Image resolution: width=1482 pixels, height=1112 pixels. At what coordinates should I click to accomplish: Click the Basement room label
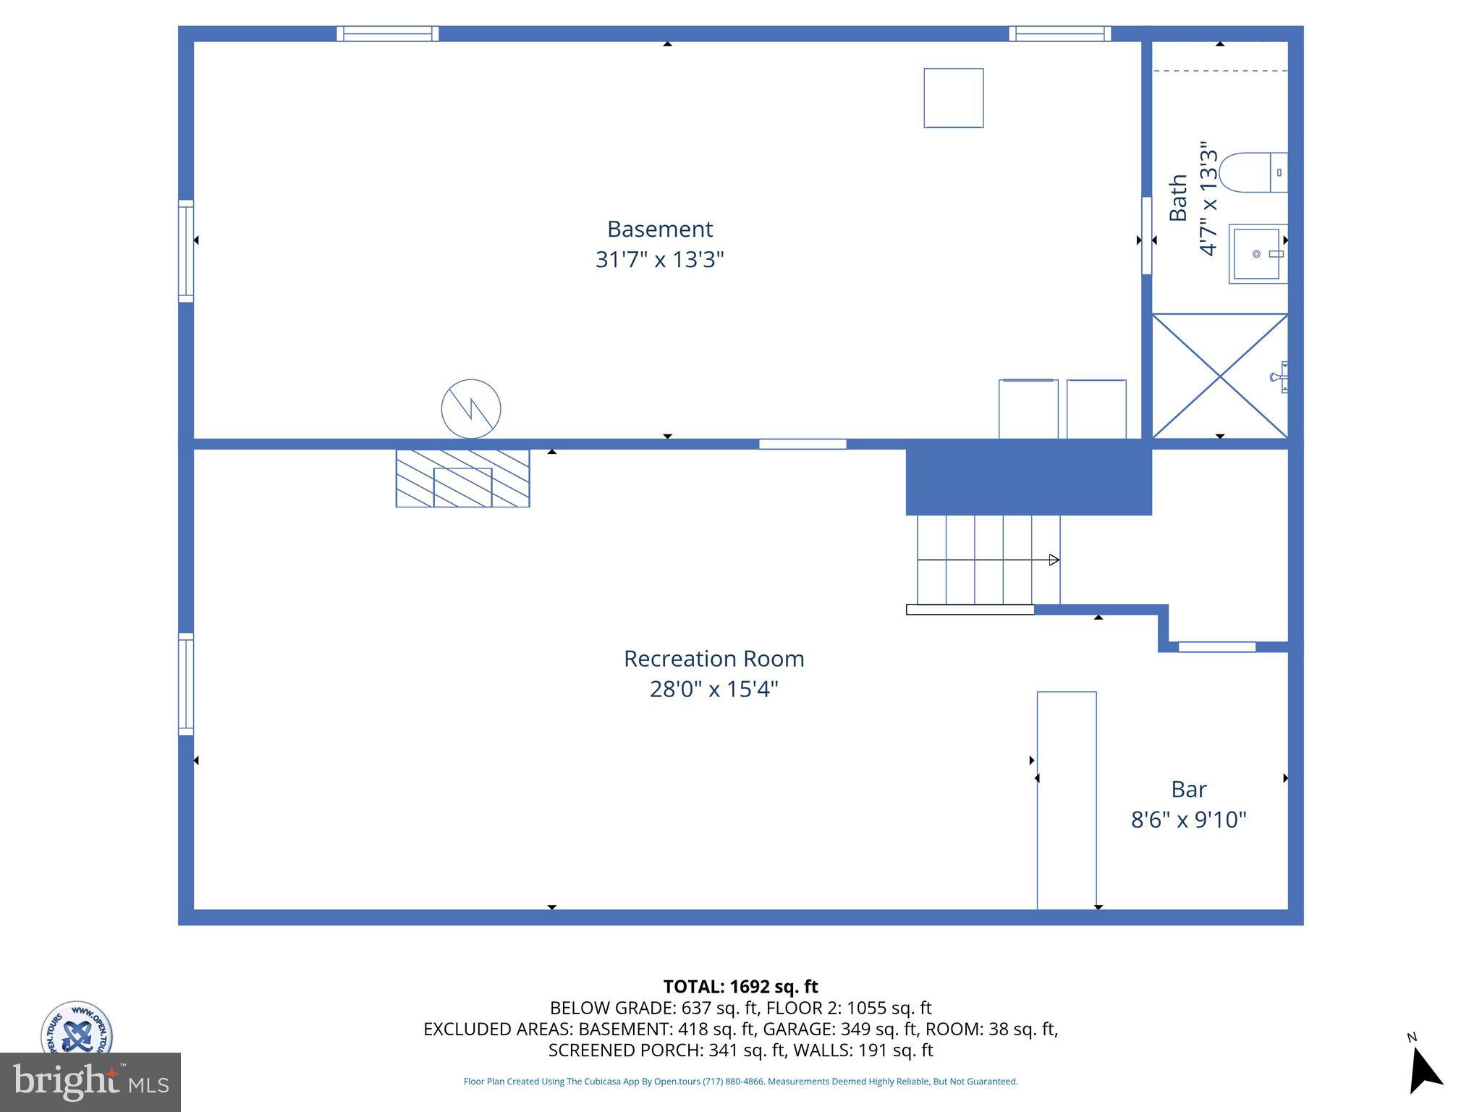(x=659, y=229)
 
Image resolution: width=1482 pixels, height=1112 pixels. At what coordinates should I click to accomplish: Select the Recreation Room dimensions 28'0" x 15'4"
(x=714, y=688)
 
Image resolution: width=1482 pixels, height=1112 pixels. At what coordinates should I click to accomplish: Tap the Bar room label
(x=1188, y=788)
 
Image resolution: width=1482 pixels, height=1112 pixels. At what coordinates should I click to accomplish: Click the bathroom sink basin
(x=1258, y=253)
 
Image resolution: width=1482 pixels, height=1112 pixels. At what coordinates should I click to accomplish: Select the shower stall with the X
(x=1219, y=376)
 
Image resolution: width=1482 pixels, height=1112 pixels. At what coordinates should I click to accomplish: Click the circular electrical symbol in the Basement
(x=471, y=408)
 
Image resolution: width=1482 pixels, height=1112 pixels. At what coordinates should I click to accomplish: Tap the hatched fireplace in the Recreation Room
(x=462, y=479)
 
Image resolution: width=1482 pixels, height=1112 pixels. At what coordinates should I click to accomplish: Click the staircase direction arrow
(x=1054, y=560)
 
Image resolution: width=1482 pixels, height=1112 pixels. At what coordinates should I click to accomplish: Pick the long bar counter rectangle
(x=1066, y=800)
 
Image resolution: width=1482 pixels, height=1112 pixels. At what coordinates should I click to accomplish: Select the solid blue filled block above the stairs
(x=1028, y=478)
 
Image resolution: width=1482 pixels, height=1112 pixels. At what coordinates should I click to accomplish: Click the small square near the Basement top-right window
(x=953, y=98)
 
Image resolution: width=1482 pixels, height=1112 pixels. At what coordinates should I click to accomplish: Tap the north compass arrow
(x=1424, y=1072)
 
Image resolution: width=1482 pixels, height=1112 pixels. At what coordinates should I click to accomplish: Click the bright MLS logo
(x=90, y=1082)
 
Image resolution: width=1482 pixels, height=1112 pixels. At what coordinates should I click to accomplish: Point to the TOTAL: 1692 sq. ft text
(x=740, y=987)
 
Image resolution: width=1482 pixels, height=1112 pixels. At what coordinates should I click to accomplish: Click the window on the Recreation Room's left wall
(x=186, y=684)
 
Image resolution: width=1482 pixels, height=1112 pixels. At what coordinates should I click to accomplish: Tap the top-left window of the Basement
(x=387, y=33)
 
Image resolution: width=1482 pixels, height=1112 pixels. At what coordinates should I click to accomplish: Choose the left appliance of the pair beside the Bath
(x=1028, y=409)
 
